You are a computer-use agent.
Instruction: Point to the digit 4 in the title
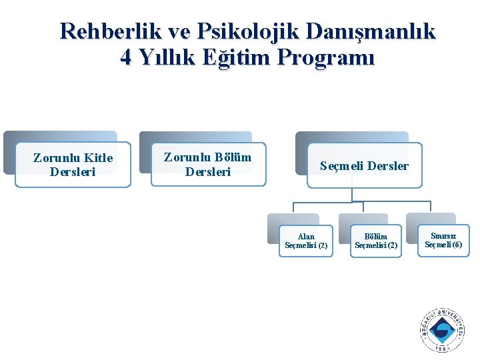(x=126, y=58)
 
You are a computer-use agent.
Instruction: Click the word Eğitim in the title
(x=241, y=58)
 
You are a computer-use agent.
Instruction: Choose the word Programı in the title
(x=329, y=58)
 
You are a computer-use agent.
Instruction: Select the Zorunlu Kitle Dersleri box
(x=73, y=165)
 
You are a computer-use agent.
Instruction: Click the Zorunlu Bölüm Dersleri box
(x=208, y=164)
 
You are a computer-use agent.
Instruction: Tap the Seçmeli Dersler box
(x=364, y=166)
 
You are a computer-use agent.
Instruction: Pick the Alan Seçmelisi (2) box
(x=306, y=241)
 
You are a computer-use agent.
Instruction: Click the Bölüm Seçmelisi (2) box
(x=376, y=241)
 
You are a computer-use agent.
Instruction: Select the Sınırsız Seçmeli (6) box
(x=443, y=240)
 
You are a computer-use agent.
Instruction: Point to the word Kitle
(x=98, y=158)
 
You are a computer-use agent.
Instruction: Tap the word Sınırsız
(x=443, y=235)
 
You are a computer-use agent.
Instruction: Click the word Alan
(x=306, y=236)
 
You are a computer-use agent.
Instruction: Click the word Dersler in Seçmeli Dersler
(x=386, y=166)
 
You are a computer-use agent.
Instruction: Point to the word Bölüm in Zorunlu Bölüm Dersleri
(x=233, y=157)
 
